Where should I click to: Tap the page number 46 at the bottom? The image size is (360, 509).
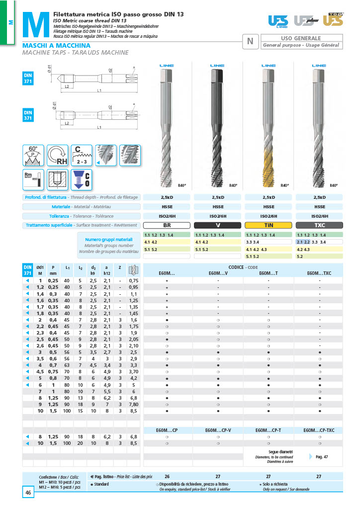point(28,493)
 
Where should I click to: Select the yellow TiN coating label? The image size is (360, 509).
point(269,225)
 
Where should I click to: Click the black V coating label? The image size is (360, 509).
point(218,225)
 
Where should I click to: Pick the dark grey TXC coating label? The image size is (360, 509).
point(319,225)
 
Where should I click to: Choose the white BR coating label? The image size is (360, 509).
point(167,225)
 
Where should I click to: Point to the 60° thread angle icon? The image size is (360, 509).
point(33,155)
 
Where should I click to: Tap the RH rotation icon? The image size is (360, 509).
point(57,155)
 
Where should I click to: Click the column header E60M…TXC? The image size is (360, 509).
point(319,273)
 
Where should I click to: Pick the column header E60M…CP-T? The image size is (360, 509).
point(269,429)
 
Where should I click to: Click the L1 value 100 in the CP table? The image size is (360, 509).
point(67,443)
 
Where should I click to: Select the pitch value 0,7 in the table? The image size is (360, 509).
point(53,364)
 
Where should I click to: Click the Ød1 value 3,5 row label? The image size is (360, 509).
point(40,358)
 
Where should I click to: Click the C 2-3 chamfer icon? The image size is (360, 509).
point(82,155)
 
